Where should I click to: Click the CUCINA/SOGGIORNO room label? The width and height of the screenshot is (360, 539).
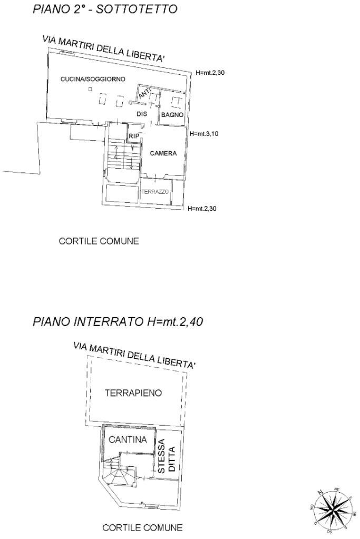point(93,79)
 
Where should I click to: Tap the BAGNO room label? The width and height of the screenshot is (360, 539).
point(172,114)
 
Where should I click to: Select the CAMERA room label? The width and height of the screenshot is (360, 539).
point(163,154)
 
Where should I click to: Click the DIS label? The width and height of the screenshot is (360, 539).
point(141,113)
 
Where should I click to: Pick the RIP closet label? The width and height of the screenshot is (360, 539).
point(134,136)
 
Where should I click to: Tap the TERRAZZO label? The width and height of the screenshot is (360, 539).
point(155,192)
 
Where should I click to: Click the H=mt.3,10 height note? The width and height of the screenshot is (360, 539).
point(203,134)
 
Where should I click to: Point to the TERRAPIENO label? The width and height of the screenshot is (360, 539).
point(133,393)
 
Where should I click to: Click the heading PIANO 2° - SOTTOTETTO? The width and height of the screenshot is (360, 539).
point(105,9)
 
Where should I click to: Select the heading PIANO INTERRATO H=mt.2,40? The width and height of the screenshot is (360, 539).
point(118,321)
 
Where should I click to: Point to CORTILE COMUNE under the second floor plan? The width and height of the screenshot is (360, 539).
point(99,241)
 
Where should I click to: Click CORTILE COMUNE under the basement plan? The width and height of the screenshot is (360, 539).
point(142,527)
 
